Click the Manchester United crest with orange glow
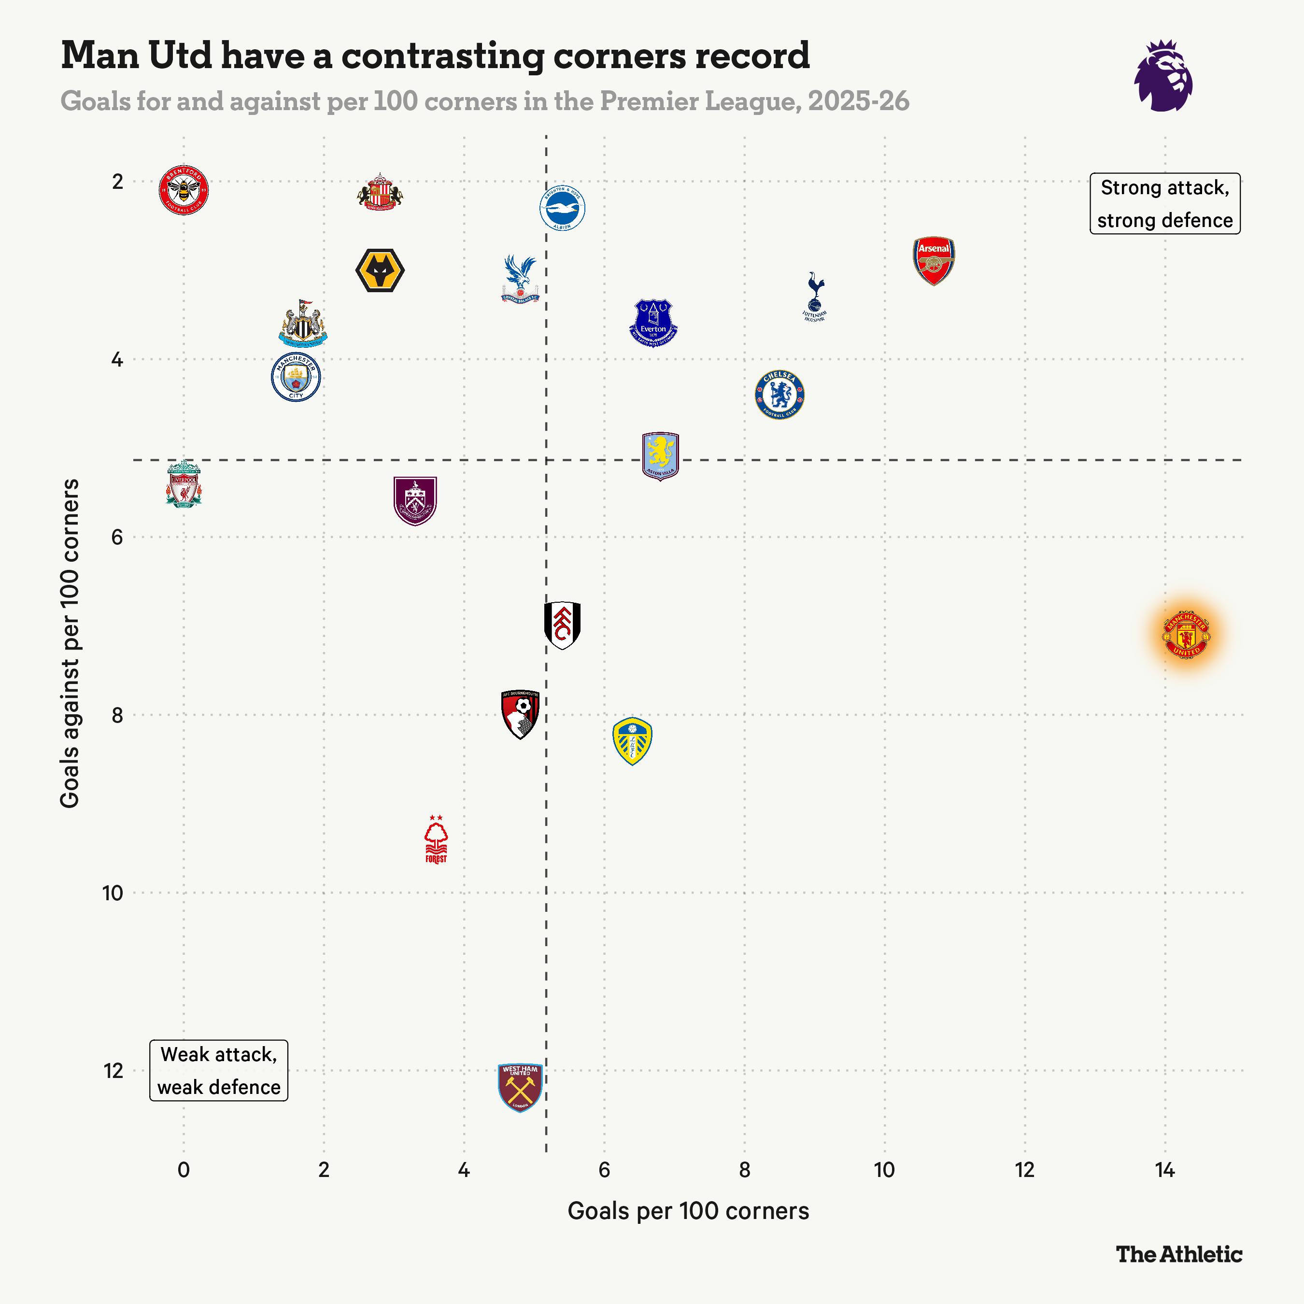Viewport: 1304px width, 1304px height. (x=1186, y=635)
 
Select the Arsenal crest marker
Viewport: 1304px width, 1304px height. (x=934, y=260)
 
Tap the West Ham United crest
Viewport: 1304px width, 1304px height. (x=520, y=1087)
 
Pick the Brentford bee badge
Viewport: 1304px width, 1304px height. (x=184, y=190)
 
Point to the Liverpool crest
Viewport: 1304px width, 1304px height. (x=184, y=484)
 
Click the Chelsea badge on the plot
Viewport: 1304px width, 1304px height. (x=780, y=395)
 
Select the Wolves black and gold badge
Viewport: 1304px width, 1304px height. (x=380, y=270)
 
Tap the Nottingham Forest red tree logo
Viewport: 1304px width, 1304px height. (x=436, y=840)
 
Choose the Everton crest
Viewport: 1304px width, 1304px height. (x=652, y=323)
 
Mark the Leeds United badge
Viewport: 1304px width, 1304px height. (x=632, y=741)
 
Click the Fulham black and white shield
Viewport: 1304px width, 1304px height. (x=562, y=625)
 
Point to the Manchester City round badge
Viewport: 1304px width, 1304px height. (x=296, y=377)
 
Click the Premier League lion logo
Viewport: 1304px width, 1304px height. (x=1163, y=76)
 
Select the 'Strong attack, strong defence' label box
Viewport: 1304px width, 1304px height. (x=1164, y=204)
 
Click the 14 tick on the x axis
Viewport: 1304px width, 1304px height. (x=1165, y=1170)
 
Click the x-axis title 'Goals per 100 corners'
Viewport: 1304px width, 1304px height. (x=688, y=1211)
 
